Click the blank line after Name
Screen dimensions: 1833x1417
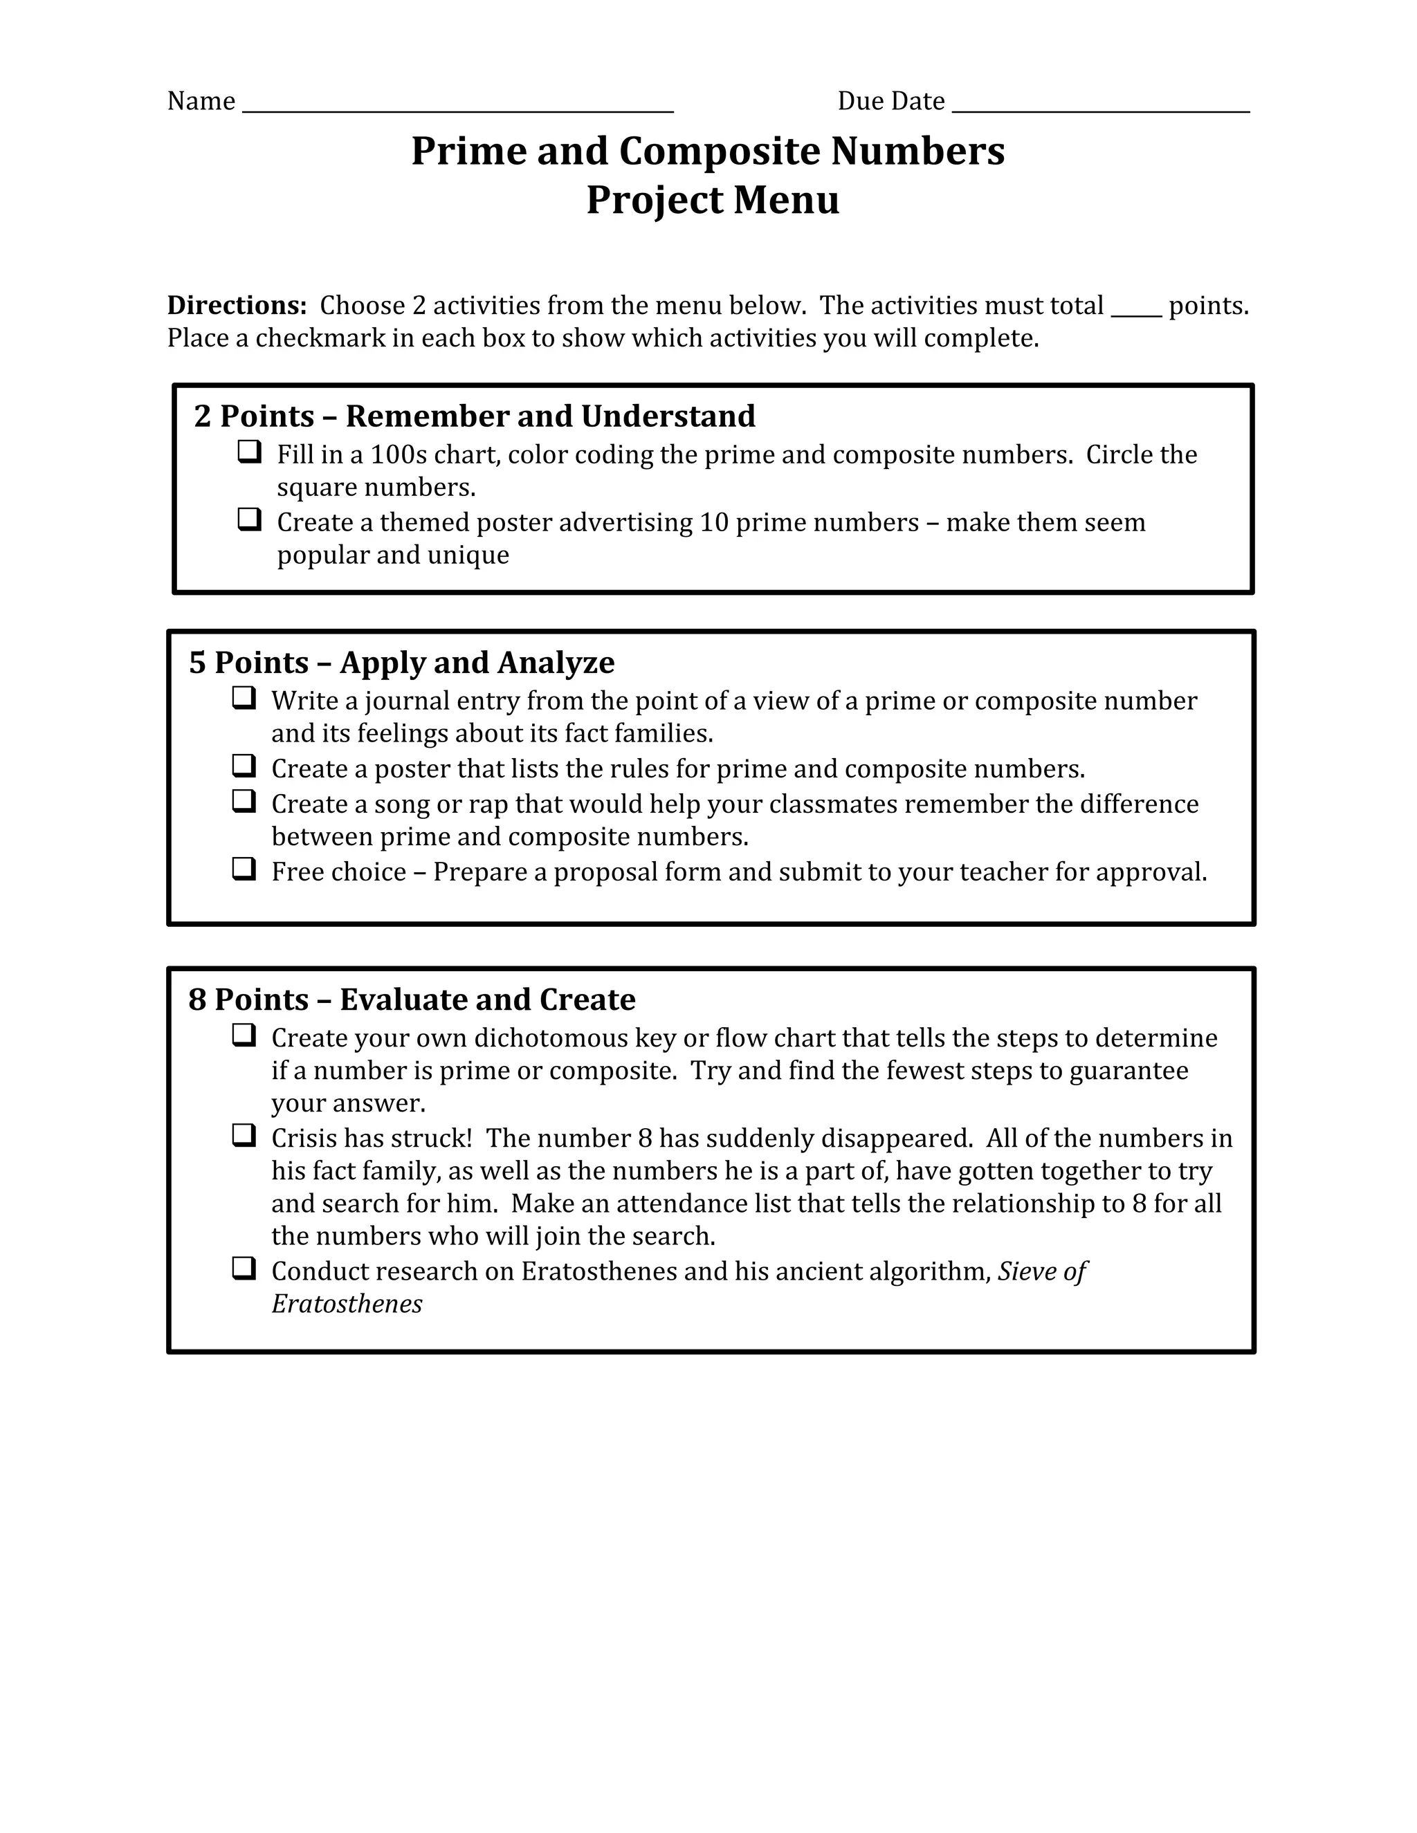(457, 107)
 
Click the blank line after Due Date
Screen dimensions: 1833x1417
(1101, 107)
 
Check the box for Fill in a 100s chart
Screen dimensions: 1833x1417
(249, 452)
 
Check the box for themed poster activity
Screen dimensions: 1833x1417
(249, 519)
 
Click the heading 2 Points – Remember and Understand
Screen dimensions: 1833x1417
(474, 416)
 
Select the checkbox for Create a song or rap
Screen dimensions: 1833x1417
(244, 801)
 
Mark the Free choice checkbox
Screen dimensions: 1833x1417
(244, 869)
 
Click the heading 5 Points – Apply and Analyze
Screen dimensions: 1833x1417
(401, 663)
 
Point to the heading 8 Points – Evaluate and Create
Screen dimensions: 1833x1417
(412, 1000)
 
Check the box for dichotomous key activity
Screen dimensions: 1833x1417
(244, 1035)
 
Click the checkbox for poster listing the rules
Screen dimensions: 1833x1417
(244, 766)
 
